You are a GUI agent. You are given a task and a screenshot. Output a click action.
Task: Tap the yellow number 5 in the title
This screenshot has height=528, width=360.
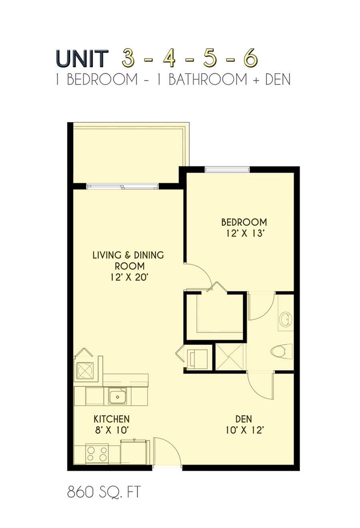tap(210, 58)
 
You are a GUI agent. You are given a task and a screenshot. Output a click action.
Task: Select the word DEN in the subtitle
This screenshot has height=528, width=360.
tap(278, 79)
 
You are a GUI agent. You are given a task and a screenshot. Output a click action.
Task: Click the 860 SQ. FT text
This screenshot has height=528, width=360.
tap(104, 492)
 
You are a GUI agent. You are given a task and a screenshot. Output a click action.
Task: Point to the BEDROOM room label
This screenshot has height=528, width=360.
tap(244, 222)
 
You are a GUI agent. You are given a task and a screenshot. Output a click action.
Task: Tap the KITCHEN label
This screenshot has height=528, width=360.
tap(112, 419)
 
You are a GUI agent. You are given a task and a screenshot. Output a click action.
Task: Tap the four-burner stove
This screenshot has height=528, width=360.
tap(97, 454)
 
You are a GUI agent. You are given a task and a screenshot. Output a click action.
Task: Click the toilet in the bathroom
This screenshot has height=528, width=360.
tap(282, 352)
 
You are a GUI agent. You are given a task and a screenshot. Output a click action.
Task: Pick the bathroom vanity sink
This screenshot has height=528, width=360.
tap(286, 320)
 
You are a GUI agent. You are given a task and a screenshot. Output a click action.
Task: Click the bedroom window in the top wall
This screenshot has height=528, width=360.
tap(227, 169)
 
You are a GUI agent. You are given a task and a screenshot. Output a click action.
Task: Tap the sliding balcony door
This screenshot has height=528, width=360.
tap(122, 186)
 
